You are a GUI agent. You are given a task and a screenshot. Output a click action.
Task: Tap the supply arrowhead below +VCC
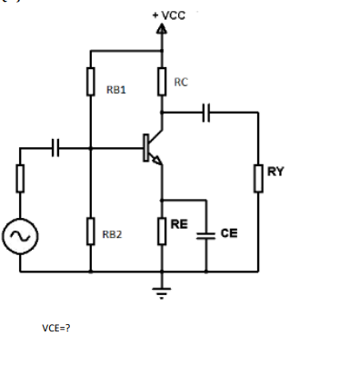point(162,30)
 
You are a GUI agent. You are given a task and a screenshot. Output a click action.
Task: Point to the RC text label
point(181,83)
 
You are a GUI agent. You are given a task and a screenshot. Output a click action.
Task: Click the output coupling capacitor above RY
point(208,113)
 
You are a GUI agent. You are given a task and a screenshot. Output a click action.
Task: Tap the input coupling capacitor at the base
point(56,147)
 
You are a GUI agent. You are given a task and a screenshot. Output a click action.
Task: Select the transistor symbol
point(151,148)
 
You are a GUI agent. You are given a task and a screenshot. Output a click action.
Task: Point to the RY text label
point(275,171)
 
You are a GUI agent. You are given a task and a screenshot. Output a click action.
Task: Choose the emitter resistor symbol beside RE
point(162,231)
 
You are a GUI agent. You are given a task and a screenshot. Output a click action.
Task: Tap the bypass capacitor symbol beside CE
point(206,233)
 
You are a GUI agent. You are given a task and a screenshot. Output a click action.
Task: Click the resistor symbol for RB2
point(91,231)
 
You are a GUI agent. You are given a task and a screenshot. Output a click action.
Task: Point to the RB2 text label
point(112,234)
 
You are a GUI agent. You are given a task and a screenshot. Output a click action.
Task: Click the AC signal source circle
point(19,237)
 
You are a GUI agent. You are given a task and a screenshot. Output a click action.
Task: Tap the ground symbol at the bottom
point(162,292)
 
